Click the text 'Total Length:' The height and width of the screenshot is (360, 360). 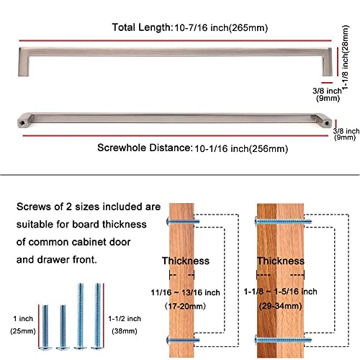(x=143, y=27)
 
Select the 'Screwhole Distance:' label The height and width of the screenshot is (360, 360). (x=145, y=148)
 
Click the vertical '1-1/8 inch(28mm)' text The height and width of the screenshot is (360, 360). (x=345, y=58)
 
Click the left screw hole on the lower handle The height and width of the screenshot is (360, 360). (x=22, y=123)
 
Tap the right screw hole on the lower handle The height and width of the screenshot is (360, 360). (x=327, y=123)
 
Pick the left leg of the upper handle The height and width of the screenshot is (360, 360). (x=24, y=62)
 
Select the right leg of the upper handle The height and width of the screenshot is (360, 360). (x=327, y=62)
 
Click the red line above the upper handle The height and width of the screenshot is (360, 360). (x=175, y=41)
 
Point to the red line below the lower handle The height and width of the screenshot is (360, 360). (x=176, y=136)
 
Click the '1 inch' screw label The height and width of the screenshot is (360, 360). (x=23, y=319)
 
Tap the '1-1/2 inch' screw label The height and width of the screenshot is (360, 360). (x=125, y=319)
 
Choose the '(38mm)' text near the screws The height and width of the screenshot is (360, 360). (x=125, y=331)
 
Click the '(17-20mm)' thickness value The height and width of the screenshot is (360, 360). (x=185, y=306)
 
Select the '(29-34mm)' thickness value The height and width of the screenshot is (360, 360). (x=280, y=306)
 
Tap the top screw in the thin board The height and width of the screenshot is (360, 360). (x=183, y=221)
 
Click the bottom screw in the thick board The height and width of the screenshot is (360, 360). (x=283, y=340)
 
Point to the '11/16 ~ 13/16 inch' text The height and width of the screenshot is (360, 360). (x=185, y=292)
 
